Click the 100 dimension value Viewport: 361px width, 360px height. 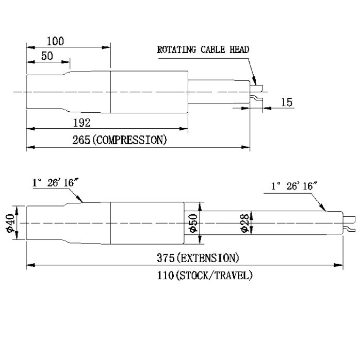55,41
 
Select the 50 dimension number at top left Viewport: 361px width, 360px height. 47,56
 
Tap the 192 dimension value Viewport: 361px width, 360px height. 81,123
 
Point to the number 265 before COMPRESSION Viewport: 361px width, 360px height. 81,140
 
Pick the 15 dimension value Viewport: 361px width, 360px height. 287,102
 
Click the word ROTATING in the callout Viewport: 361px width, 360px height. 176,49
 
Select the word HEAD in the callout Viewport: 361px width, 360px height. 239,49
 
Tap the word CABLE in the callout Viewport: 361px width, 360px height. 212,49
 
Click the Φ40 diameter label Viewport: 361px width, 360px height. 11,223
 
